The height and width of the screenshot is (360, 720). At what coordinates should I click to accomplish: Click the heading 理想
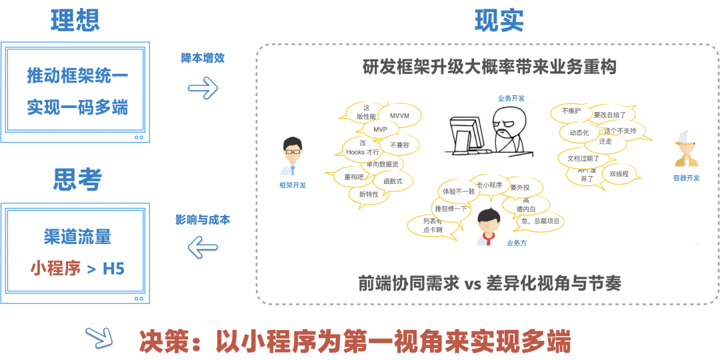click(x=75, y=21)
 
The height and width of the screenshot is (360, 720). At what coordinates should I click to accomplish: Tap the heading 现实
click(x=499, y=21)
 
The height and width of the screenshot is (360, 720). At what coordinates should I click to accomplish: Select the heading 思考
click(x=77, y=179)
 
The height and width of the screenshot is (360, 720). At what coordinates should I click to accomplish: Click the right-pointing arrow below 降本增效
click(x=203, y=87)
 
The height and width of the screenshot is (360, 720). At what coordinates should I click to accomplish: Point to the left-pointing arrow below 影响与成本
click(x=203, y=249)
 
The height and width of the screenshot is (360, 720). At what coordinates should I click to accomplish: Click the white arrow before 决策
click(x=100, y=339)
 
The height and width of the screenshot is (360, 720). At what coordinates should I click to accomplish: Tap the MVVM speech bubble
click(x=399, y=115)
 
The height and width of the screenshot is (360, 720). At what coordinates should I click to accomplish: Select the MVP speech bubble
click(x=380, y=129)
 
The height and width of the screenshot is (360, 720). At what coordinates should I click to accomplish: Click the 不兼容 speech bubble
click(x=399, y=145)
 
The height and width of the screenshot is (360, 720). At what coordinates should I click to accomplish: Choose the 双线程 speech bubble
click(x=619, y=174)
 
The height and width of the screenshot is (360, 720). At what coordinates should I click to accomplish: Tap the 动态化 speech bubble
click(x=579, y=133)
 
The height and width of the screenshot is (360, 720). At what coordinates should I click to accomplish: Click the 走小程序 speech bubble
click(x=489, y=185)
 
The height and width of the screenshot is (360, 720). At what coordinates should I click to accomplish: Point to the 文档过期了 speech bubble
click(x=583, y=159)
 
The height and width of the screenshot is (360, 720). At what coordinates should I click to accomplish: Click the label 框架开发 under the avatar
click(x=293, y=185)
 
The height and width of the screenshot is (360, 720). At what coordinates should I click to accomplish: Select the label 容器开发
click(x=686, y=178)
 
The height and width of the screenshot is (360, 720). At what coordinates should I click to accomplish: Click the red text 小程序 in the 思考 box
click(x=55, y=268)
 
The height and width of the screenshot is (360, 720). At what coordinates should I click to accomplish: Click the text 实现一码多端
click(x=77, y=107)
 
